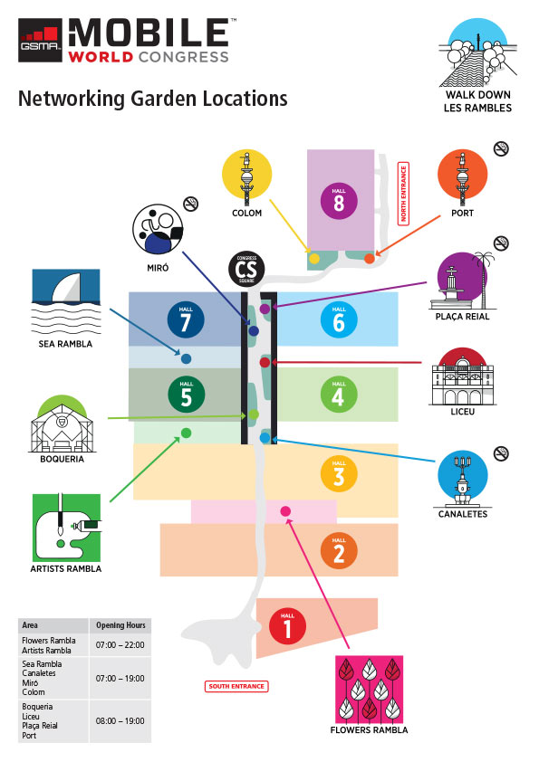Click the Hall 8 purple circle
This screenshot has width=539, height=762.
coord(339,201)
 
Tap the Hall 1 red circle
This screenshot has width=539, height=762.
coord(287,626)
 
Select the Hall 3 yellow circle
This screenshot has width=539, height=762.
coord(339,474)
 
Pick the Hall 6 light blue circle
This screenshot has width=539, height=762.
coord(339,320)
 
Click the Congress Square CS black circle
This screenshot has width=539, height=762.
coord(246,269)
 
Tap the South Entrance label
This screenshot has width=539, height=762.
coord(236,686)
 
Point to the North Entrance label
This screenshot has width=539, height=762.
coord(403,194)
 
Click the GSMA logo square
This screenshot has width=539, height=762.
coord(41,41)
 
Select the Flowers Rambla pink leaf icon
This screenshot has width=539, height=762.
coord(370,690)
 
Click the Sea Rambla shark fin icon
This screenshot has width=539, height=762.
coord(66,302)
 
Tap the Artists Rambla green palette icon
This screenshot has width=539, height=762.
coord(67,529)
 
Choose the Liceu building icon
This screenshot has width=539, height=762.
coord(462,376)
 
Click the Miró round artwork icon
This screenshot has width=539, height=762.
coord(159,229)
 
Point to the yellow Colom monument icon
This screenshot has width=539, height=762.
coord(247,175)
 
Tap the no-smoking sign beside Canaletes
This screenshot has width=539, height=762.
coord(501,454)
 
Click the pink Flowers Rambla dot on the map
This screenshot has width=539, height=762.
coord(285,511)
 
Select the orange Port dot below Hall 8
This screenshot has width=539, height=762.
coord(370,259)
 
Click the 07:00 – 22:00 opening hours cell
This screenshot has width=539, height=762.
coord(120,645)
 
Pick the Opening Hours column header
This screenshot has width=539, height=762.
coord(120,625)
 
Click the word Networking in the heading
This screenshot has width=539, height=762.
coord(72,99)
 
